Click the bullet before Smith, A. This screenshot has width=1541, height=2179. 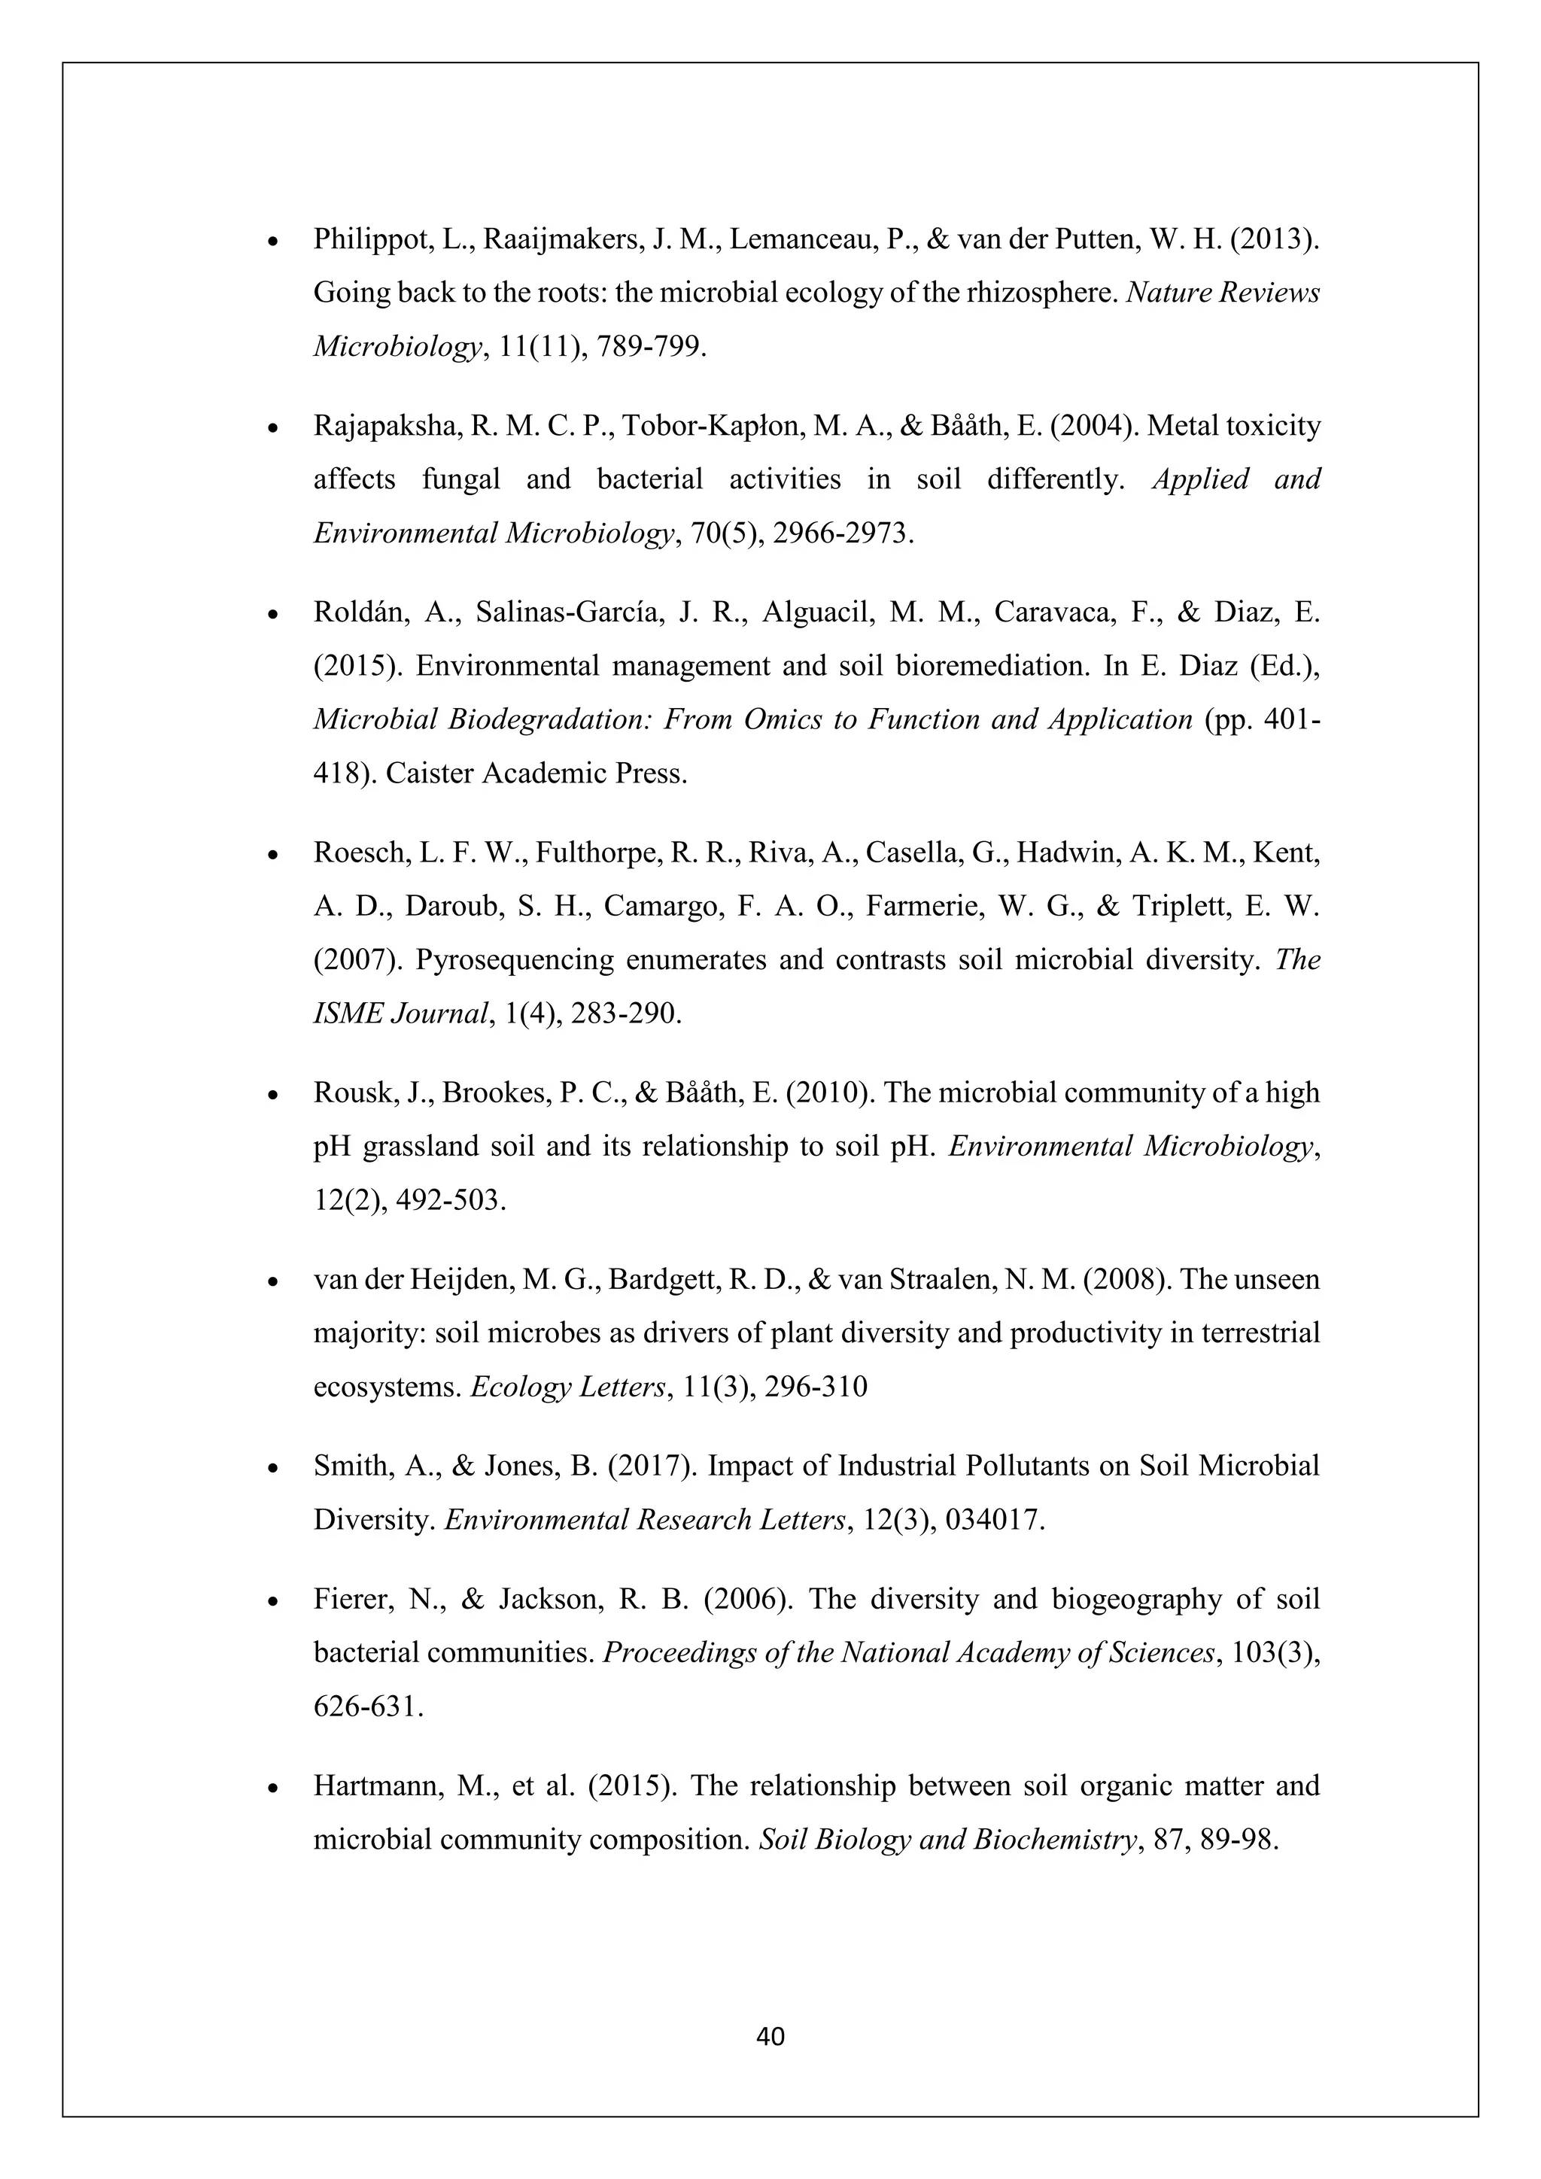(x=272, y=1468)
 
